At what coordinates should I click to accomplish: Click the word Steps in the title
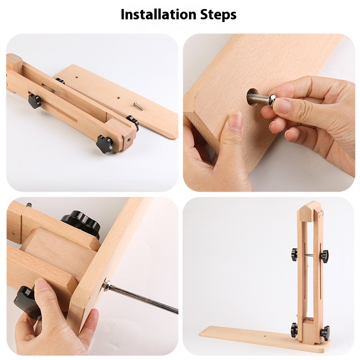point(218,15)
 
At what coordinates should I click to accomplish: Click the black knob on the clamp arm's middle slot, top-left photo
point(35,100)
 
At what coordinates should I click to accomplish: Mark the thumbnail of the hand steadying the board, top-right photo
point(236,122)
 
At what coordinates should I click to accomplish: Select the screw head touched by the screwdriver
point(107,284)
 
